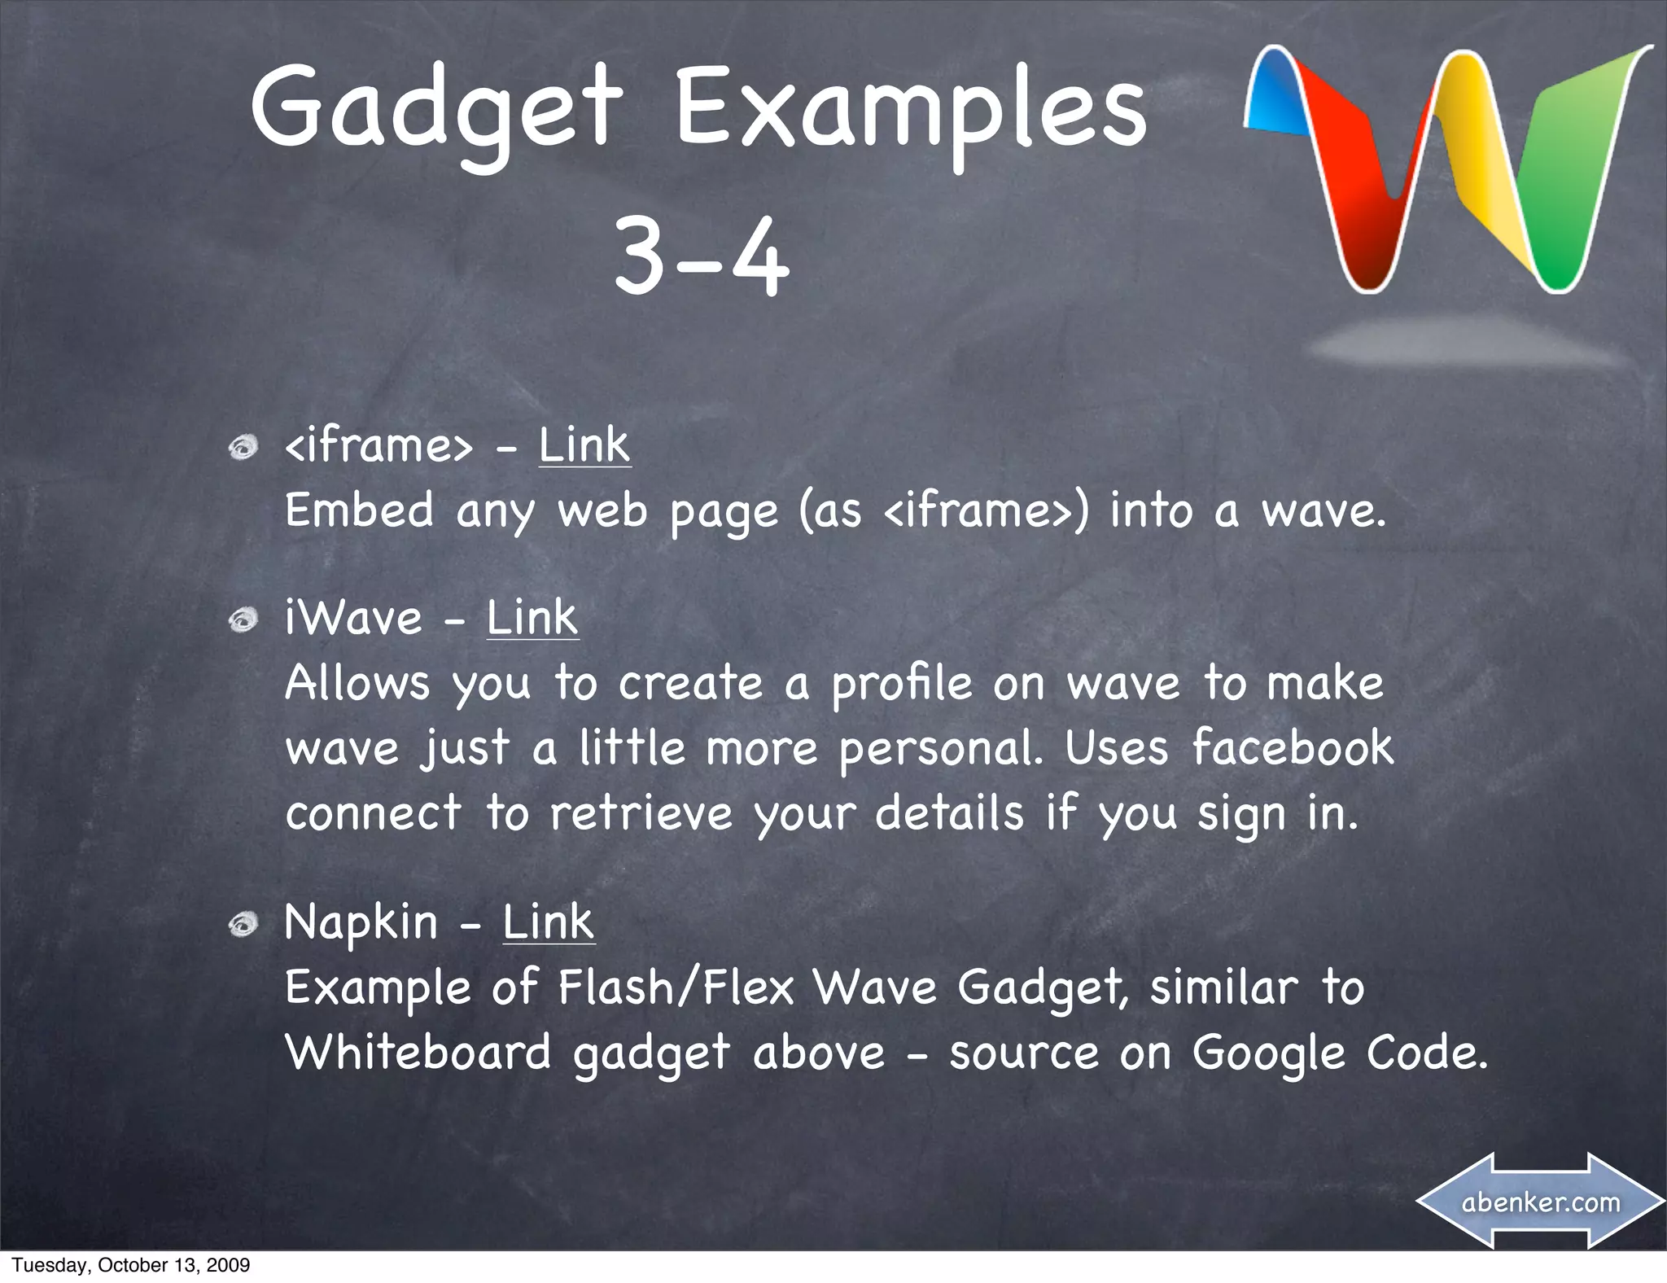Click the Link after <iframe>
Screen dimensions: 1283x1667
(584, 446)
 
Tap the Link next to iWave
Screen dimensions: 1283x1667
(532, 618)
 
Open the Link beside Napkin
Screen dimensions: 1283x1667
(549, 922)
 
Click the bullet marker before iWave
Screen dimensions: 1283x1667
(243, 620)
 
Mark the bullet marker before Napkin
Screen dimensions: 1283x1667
(243, 924)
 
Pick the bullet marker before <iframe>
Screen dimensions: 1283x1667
(243, 447)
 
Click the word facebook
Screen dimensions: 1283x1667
(1293, 748)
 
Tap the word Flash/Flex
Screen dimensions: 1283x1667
(676, 987)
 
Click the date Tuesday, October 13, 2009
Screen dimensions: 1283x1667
(131, 1265)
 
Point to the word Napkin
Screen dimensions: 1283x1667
(361, 924)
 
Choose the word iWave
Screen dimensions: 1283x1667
(353, 618)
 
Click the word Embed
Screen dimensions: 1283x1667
(359, 511)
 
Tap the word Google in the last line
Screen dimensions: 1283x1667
(1268, 1053)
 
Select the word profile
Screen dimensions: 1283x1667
(901, 685)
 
